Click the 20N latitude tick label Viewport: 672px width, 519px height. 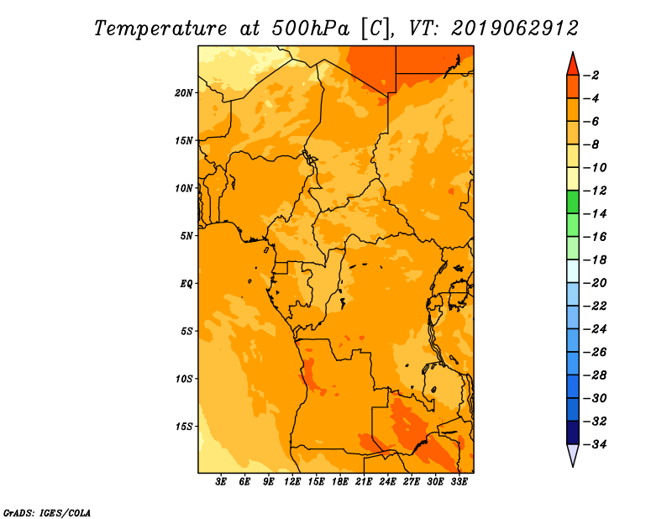[x=184, y=93]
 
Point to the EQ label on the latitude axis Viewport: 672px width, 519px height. [x=186, y=284]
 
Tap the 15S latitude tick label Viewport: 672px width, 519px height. [x=184, y=427]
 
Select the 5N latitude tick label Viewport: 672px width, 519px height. [x=186, y=236]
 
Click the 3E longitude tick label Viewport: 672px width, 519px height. [x=221, y=481]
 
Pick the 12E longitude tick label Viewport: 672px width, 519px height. [x=292, y=481]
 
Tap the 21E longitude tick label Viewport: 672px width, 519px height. [x=364, y=481]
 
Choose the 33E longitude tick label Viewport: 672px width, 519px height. [x=459, y=481]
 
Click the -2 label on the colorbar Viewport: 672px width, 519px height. [x=591, y=76]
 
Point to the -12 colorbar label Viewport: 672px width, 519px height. [x=595, y=191]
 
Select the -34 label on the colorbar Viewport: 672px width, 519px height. [x=595, y=444]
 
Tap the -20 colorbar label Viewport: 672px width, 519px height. [x=595, y=283]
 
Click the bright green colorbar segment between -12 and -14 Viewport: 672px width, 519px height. [x=573, y=202]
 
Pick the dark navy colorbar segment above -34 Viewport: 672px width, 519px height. [x=573, y=432]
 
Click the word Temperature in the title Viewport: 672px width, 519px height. [x=160, y=29]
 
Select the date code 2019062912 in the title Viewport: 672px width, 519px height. [x=515, y=29]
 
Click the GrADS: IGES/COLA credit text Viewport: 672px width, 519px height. [x=47, y=513]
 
